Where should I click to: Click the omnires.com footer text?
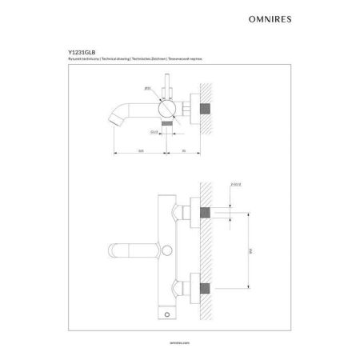[180, 338]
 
